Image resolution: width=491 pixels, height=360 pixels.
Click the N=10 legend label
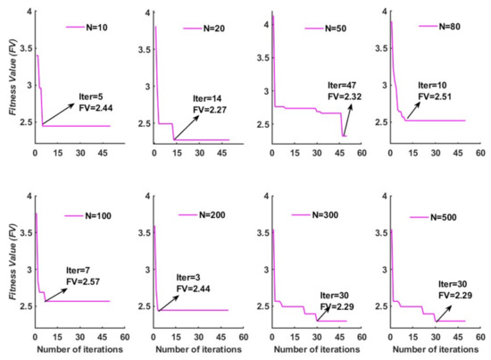click(98, 28)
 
